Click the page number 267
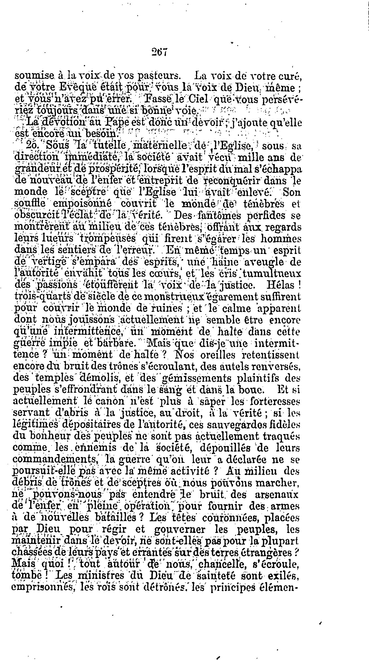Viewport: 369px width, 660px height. click(x=159, y=52)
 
